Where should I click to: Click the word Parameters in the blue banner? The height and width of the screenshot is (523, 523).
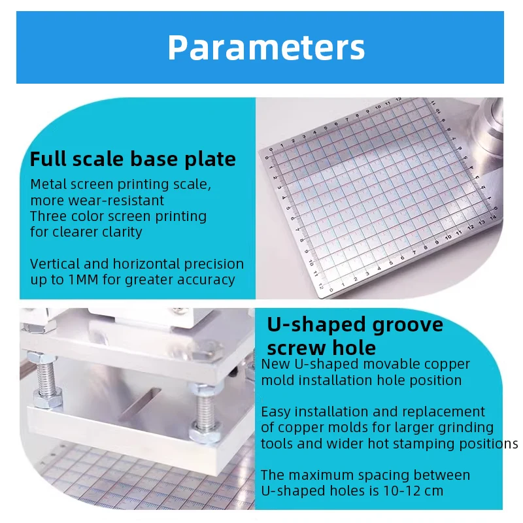[x=266, y=48]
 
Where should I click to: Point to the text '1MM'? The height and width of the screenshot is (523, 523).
[x=84, y=280]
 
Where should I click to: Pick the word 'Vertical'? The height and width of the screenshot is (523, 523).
[x=55, y=264]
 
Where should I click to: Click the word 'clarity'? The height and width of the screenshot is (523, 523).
[x=122, y=232]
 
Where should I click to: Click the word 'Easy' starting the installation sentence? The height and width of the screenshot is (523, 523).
[x=276, y=413]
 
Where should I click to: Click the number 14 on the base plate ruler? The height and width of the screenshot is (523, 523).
[x=493, y=218]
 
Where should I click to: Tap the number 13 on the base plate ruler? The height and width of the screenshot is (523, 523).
[x=482, y=222]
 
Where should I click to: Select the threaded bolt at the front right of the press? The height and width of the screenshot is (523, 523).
[x=205, y=413]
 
